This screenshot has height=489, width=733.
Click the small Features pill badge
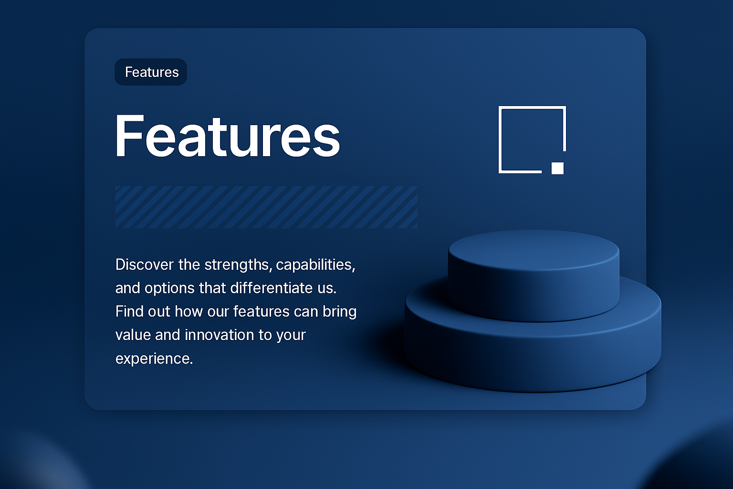coord(151,72)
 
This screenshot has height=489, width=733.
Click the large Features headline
coord(228,136)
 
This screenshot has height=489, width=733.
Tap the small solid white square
coord(557,168)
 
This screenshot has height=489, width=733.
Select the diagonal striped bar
coord(266,207)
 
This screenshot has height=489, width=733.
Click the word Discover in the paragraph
coord(144,264)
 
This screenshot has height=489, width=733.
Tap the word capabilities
coord(315,265)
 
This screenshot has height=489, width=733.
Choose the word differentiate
coord(272,288)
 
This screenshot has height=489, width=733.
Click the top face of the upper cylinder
coord(534,250)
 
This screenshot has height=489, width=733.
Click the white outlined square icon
coord(500,139)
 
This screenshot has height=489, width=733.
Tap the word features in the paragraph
coord(261,311)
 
